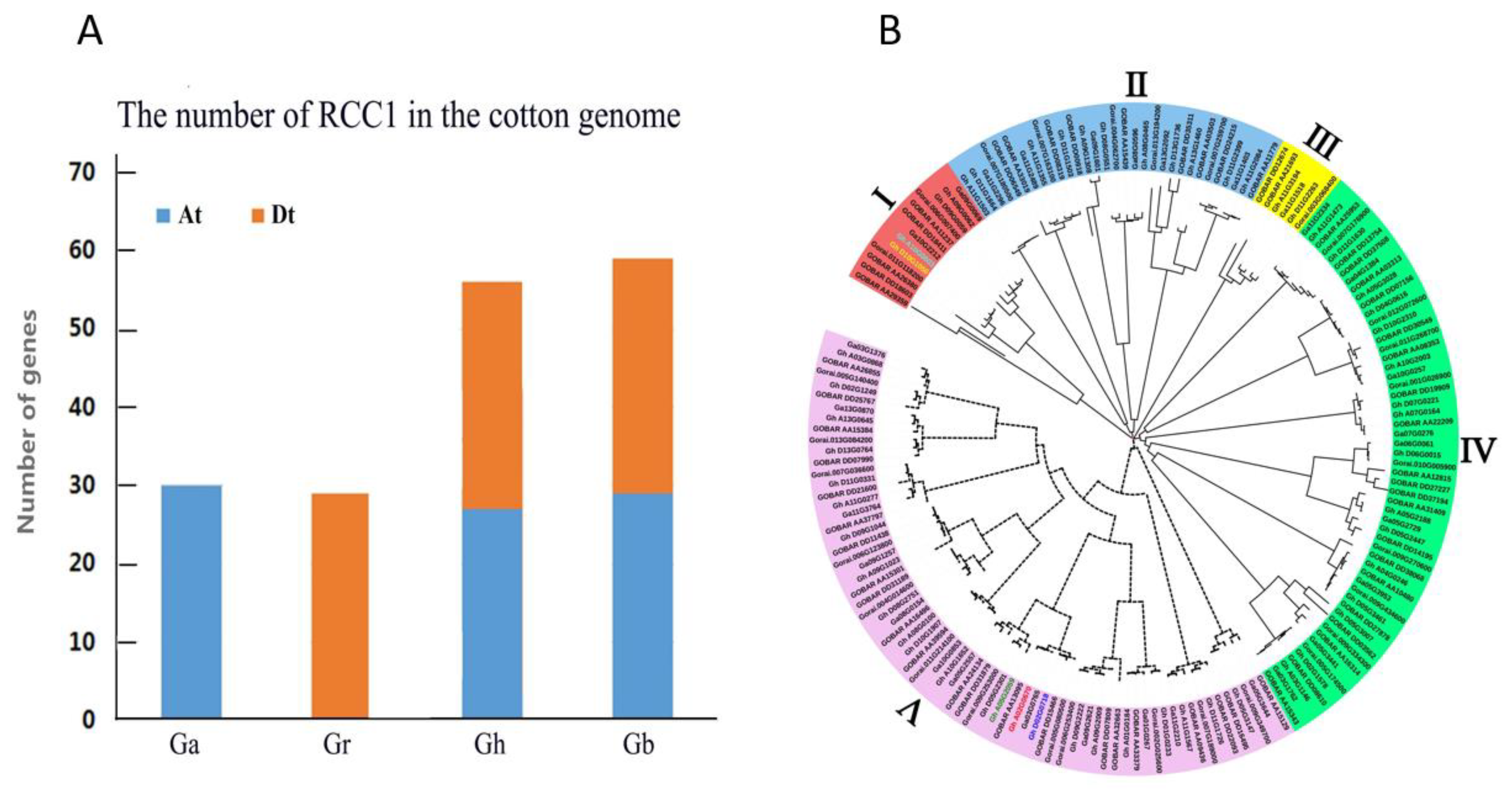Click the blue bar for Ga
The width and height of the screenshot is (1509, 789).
click(191, 602)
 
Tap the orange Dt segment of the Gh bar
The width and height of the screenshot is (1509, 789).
click(491, 395)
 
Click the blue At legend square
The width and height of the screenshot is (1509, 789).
click(163, 216)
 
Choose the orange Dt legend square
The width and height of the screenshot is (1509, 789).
click(258, 216)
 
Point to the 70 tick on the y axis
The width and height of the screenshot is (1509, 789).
click(82, 173)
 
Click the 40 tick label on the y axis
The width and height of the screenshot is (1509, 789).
click(82, 407)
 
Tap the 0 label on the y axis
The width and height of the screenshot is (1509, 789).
click(88, 719)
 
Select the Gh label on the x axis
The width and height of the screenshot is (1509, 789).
click(490, 745)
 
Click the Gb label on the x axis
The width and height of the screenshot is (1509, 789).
click(639, 745)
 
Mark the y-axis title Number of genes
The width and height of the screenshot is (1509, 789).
click(26, 422)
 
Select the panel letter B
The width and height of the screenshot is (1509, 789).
click(890, 31)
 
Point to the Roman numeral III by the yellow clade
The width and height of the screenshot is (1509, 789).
click(1323, 143)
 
